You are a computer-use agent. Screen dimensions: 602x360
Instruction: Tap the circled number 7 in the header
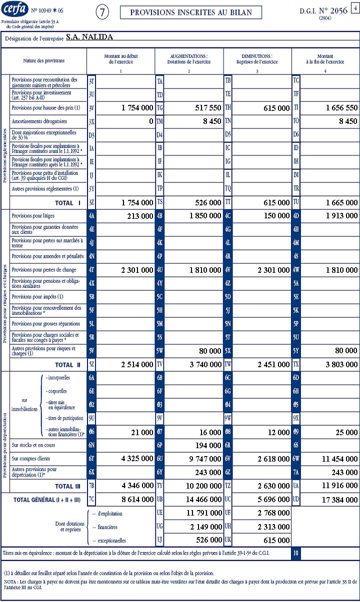coord(101,13)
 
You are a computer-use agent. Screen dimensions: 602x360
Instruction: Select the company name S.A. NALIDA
coord(89,37)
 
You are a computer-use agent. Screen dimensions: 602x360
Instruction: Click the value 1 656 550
coord(341,108)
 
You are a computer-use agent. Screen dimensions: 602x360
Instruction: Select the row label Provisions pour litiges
coord(33,216)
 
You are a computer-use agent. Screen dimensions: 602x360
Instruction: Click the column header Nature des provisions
coord(44,61)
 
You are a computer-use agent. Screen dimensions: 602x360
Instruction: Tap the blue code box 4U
coord(160,270)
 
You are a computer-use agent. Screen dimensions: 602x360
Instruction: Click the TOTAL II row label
coord(67,365)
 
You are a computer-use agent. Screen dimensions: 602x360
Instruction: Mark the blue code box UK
coord(228,540)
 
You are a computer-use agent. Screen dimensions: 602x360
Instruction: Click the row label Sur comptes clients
coord(31,459)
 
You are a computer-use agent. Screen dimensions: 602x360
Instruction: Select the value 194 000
coord(208,445)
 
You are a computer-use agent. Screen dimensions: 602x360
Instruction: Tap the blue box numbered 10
coord(296,554)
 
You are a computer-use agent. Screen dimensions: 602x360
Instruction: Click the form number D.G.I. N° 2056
coord(323,10)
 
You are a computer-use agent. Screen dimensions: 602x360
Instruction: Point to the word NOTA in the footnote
coord(10,582)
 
